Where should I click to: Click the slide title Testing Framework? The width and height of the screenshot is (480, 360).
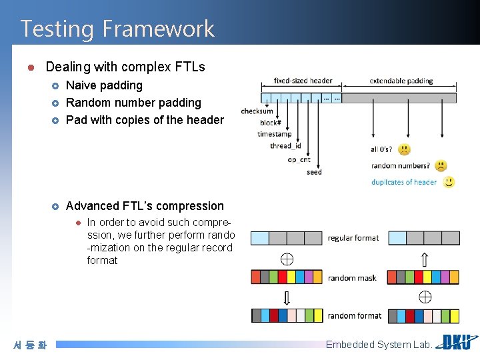[x=117, y=29]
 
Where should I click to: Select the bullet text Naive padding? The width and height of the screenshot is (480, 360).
[x=104, y=85]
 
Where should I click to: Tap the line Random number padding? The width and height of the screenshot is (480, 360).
[x=133, y=103]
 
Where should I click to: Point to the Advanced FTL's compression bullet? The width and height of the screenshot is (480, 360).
[x=145, y=206]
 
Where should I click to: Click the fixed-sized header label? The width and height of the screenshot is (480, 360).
[x=303, y=81]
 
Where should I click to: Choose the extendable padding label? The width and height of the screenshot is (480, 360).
[x=401, y=81]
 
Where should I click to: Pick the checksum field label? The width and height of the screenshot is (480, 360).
[x=257, y=111]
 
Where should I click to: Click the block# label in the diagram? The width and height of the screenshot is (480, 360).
[x=270, y=123]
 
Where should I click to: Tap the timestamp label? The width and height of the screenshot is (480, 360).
[x=274, y=134]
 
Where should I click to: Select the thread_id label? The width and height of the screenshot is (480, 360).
[x=285, y=146]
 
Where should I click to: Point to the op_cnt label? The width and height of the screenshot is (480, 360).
[x=299, y=159]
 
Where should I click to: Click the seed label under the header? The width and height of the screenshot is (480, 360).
[x=314, y=172]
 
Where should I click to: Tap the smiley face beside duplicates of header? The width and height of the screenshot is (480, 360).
[x=449, y=181]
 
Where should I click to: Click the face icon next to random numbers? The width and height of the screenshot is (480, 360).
[x=441, y=165]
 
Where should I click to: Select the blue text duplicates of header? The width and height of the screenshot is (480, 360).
[x=404, y=182]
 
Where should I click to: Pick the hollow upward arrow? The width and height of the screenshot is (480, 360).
[x=425, y=259]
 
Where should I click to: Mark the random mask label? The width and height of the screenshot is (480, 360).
[x=352, y=278]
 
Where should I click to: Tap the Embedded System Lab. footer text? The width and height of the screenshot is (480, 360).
[x=379, y=345]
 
